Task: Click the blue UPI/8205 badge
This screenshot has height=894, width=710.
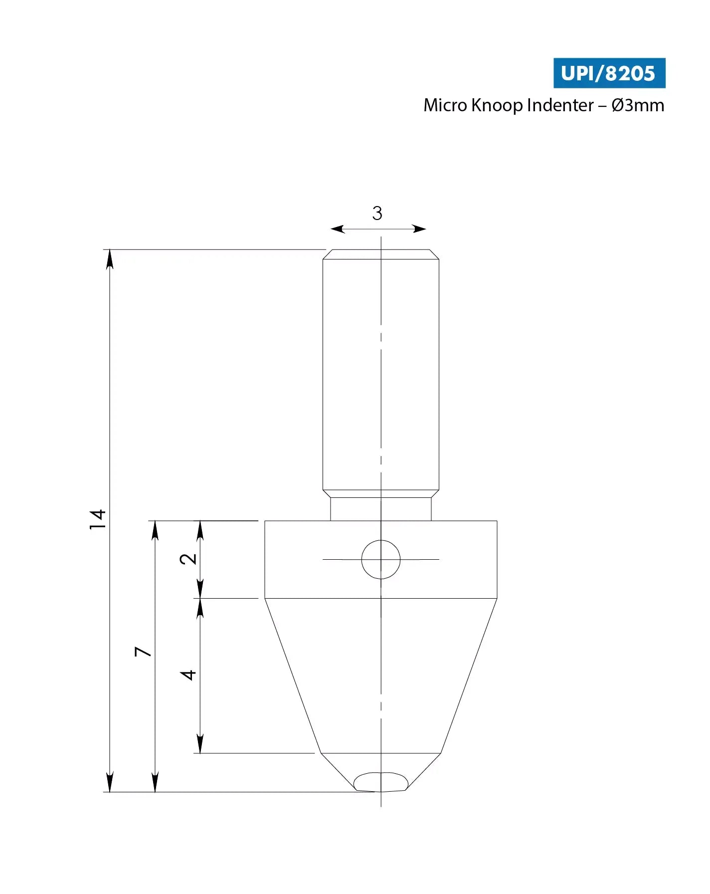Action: click(x=609, y=73)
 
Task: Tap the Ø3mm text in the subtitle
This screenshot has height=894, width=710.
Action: click(x=638, y=106)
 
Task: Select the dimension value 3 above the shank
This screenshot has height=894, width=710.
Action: click(x=377, y=214)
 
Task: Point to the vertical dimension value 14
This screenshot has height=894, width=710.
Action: click(x=98, y=520)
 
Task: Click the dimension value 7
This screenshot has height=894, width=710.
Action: click(x=143, y=652)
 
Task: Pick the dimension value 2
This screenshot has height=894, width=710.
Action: click(x=188, y=559)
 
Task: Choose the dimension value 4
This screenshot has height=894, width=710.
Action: click(x=188, y=675)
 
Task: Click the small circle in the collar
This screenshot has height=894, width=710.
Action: click(x=381, y=560)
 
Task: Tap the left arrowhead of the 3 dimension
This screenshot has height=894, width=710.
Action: click(x=337, y=229)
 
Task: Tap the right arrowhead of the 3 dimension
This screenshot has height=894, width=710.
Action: click(x=420, y=229)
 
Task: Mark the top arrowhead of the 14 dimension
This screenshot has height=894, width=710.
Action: click(x=110, y=258)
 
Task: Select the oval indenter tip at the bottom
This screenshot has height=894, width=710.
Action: click(x=380, y=782)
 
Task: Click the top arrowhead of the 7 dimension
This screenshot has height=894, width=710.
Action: click(x=155, y=530)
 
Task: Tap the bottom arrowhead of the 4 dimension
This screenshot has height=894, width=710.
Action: click(x=200, y=744)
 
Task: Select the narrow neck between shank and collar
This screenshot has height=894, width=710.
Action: click(x=381, y=509)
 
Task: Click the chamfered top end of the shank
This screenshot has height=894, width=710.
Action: click(x=381, y=254)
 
